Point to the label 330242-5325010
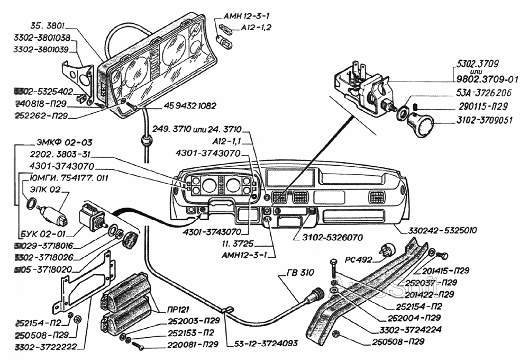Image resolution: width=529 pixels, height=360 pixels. (x=442, y=231)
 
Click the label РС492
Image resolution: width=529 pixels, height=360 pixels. (x=359, y=259)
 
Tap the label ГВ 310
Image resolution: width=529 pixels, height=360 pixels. (x=301, y=273)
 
